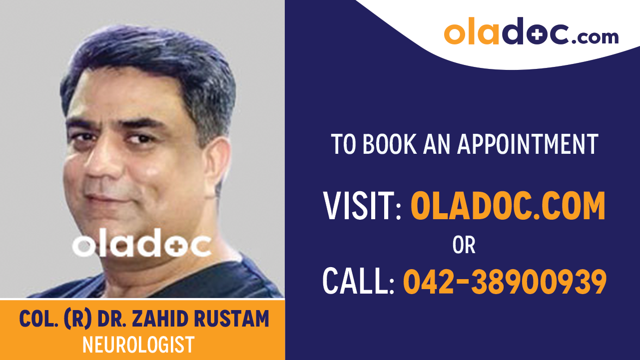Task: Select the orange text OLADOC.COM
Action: click(508, 206)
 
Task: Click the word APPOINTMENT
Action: click(528, 144)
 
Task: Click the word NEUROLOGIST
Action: click(138, 345)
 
